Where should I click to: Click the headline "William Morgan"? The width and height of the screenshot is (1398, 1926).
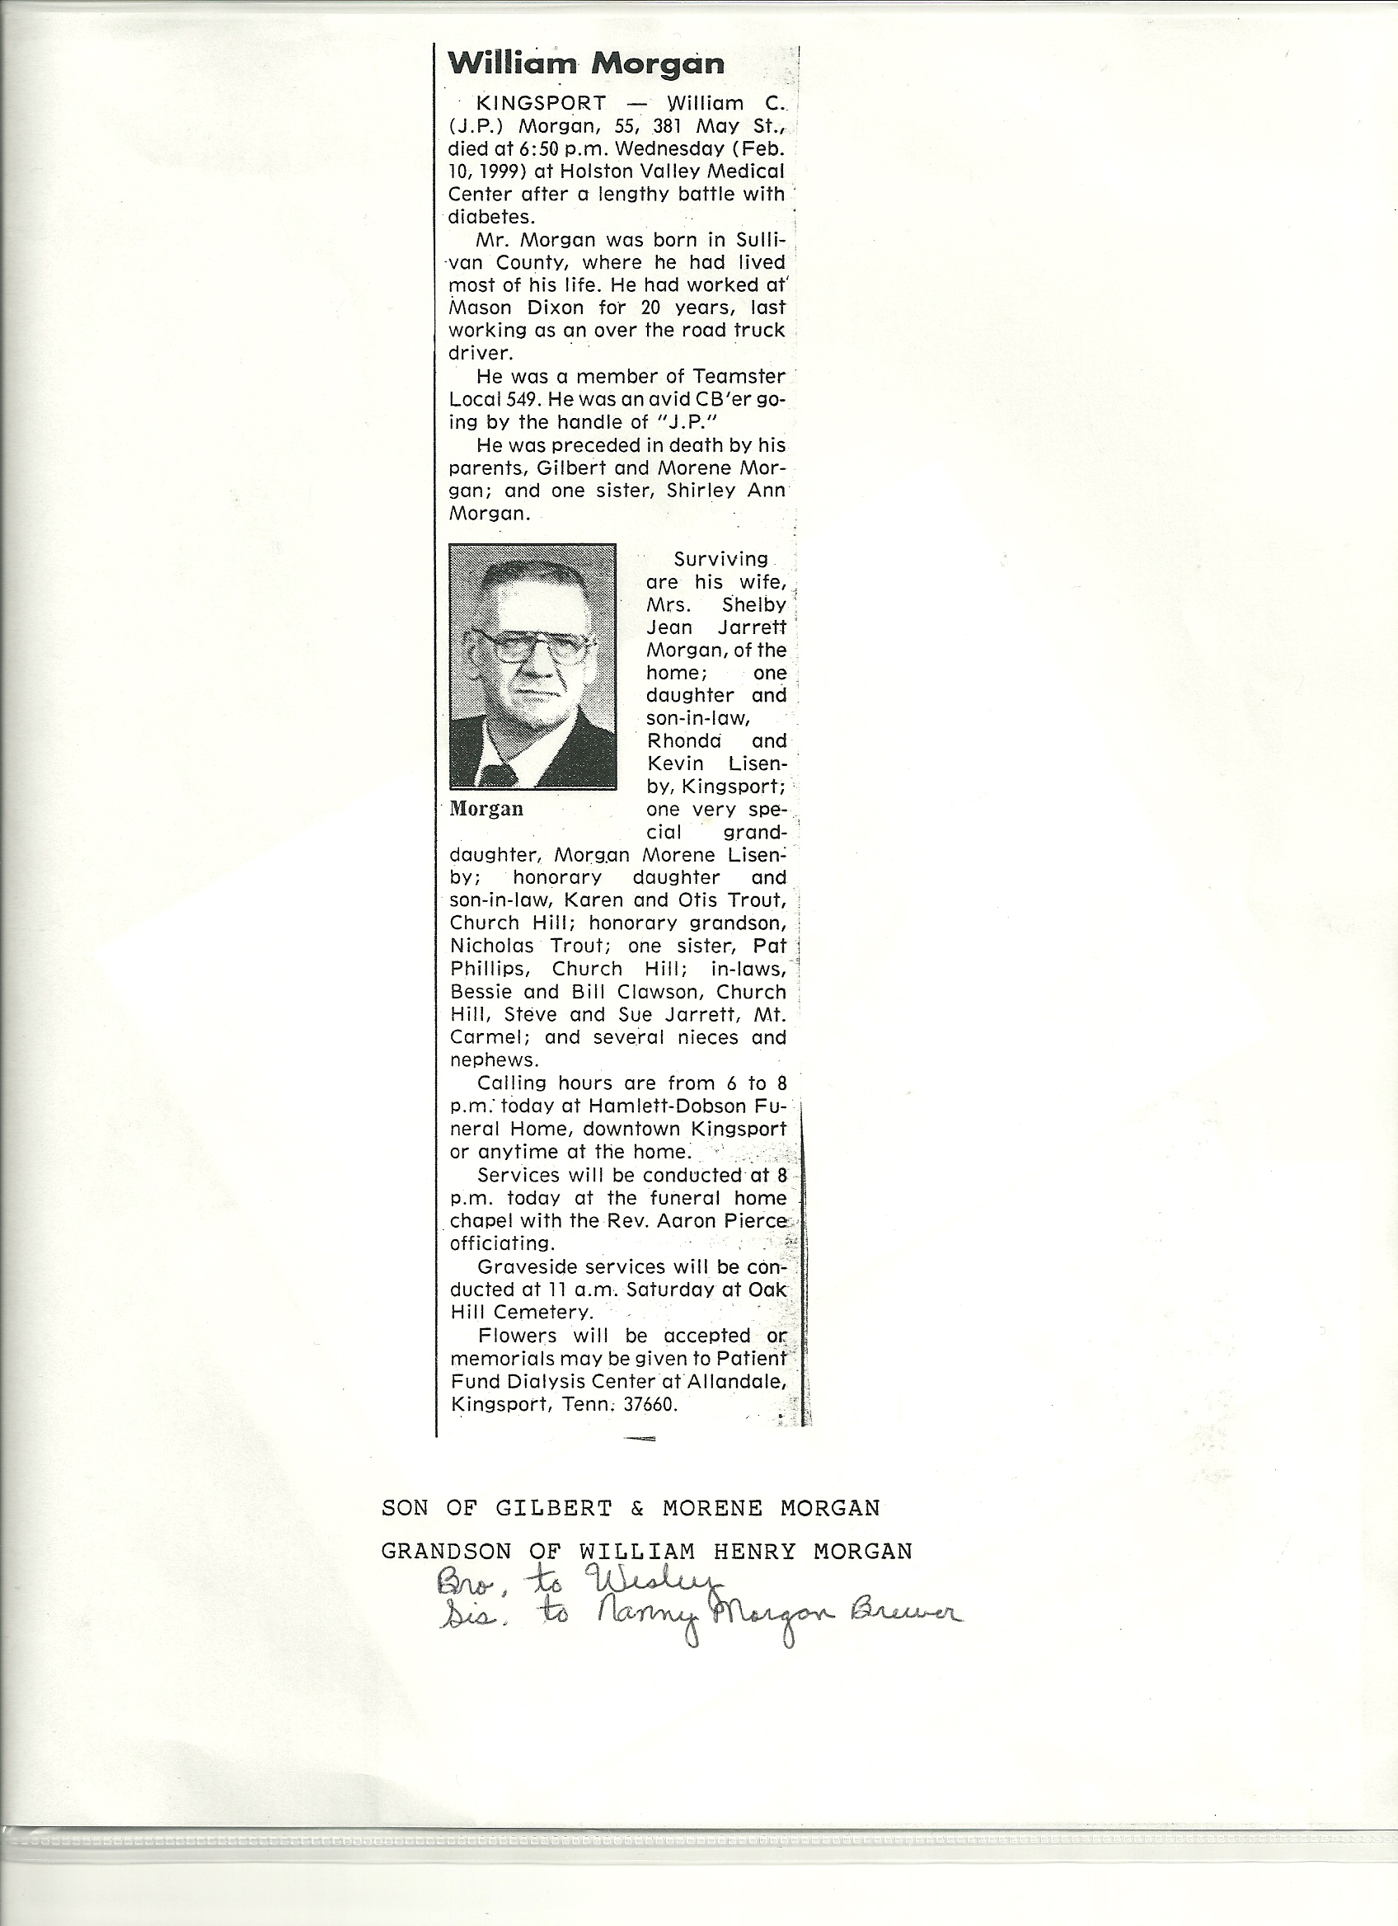(x=586, y=63)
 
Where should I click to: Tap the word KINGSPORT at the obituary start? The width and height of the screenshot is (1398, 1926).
(x=541, y=104)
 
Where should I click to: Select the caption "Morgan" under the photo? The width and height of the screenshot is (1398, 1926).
(x=486, y=809)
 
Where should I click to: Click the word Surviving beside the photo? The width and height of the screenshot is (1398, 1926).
(x=720, y=560)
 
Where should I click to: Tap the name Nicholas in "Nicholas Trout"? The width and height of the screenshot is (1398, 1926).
(x=491, y=946)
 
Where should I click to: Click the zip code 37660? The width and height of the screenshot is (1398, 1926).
(x=650, y=1405)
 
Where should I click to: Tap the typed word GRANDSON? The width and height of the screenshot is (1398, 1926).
(x=447, y=1552)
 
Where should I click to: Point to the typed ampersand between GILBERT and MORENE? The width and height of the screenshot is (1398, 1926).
(x=637, y=1508)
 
